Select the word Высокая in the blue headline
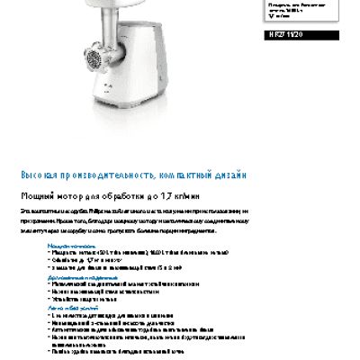tap(40, 174)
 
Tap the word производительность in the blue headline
tap(113, 174)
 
